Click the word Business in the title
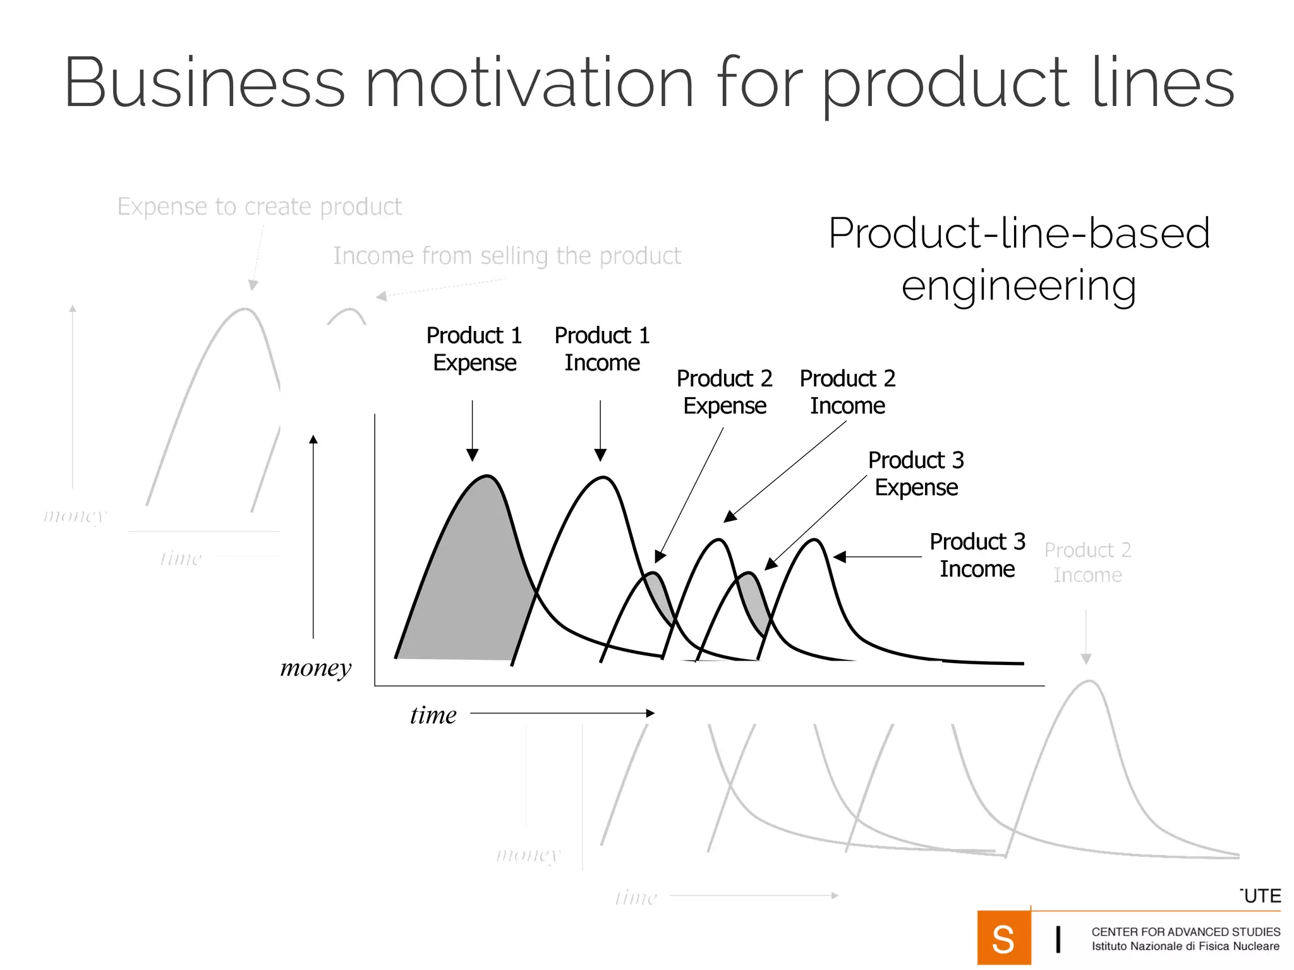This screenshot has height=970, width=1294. pos(204,84)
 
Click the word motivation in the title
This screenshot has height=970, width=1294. pos(529,84)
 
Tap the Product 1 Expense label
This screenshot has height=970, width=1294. pos(474,349)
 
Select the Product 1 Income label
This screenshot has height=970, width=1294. pos(602,349)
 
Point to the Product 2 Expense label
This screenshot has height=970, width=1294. pos(724,392)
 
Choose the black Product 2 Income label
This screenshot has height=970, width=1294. pos(847,392)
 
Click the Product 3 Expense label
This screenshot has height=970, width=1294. pos(916,474)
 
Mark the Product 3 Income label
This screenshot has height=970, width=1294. pos(977,555)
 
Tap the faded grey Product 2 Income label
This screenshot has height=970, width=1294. pos(1087,562)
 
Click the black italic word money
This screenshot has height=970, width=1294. pos(315,668)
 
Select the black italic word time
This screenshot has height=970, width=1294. pos(433,715)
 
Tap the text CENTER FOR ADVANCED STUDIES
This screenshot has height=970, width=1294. pos(1185,931)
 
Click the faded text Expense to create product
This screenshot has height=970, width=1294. pos(259,207)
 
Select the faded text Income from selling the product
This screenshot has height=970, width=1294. pos(507,256)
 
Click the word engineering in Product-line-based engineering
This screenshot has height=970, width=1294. pos(1019,285)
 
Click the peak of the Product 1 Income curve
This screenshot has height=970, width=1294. pos(603,478)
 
